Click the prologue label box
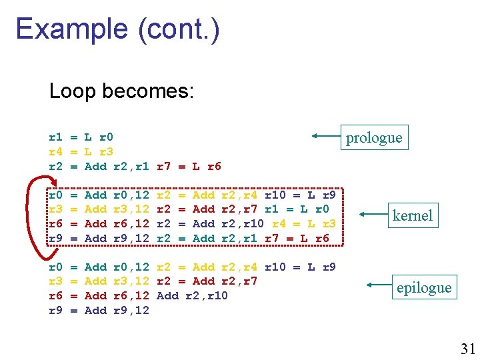(x=373, y=137)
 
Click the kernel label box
(x=412, y=215)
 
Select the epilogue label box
(x=423, y=287)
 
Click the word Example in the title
(x=71, y=29)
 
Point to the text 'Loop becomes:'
(x=121, y=91)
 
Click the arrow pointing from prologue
(x=326, y=137)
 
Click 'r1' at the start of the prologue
(x=56, y=137)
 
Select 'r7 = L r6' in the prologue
(x=189, y=166)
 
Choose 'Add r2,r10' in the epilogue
(x=192, y=295)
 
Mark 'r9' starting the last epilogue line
(x=56, y=310)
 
